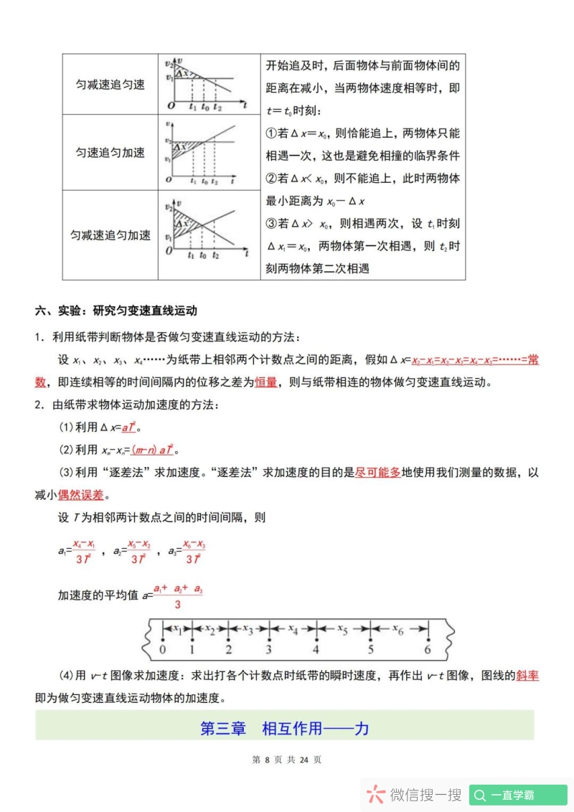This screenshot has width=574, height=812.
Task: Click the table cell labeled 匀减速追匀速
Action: (x=110, y=85)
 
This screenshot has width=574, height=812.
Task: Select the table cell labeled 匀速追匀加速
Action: (x=110, y=152)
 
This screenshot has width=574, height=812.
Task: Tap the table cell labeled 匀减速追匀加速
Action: (x=110, y=235)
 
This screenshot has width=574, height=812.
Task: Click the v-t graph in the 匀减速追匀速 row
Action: (x=207, y=84)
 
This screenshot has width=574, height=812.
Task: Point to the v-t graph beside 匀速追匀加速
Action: (x=207, y=152)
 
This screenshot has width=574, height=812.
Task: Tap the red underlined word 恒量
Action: (x=265, y=382)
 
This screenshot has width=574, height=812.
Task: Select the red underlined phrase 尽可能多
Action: (x=377, y=473)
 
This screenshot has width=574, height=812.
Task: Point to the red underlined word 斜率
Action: (x=527, y=675)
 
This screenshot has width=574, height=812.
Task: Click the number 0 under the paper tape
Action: (x=163, y=650)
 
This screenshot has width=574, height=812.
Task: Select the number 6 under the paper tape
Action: (x=428, y=650)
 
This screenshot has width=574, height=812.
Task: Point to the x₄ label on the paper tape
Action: (x=293, y=629)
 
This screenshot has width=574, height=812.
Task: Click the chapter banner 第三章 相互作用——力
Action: (x=285, y=729)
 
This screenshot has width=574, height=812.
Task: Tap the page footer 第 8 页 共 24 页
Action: (x=286, y=760)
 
